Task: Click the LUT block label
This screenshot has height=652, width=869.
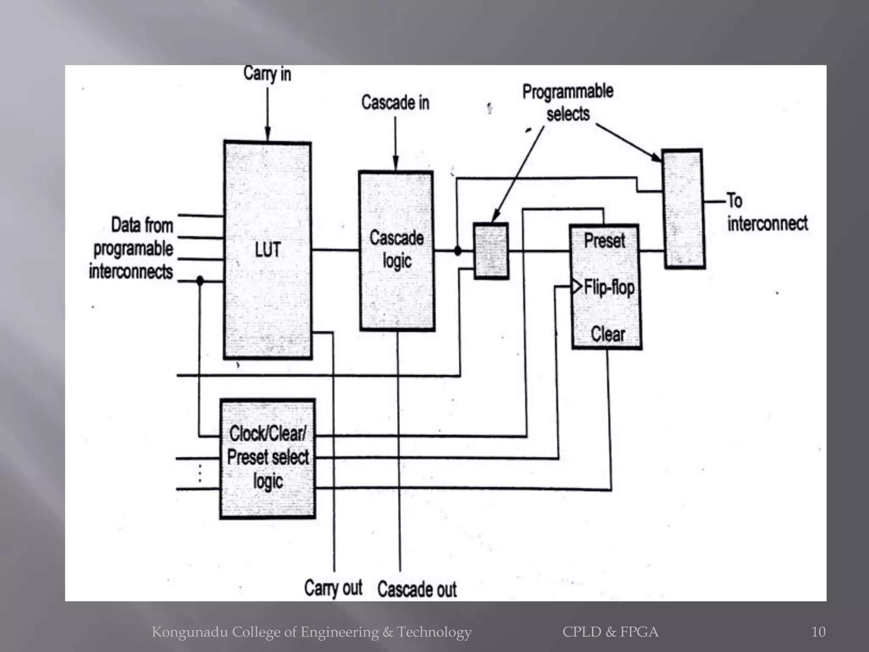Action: (268, 250)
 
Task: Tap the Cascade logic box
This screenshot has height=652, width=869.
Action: (397, 250)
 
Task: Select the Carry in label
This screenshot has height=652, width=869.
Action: (267, 74)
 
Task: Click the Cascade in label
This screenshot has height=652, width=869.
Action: (395, 103)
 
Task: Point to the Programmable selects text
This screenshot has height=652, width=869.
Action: (568, 103)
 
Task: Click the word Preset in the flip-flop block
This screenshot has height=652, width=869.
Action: (604, 241)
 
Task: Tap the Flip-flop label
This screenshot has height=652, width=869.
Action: (609, 287)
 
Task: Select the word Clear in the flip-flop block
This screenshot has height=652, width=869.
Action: (608, 334)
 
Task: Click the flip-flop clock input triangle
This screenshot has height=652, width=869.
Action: (576, 287)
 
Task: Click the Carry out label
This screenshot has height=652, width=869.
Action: (333, 588)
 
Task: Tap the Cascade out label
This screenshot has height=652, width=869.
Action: (417, 590)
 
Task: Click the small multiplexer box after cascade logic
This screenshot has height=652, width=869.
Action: (491, 251)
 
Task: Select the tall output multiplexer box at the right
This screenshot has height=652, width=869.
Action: (684, 209)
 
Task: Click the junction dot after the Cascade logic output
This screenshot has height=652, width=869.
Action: (457, 251)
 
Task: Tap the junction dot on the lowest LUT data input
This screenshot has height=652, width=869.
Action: (200, 281)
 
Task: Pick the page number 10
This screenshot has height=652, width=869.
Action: (818, 632)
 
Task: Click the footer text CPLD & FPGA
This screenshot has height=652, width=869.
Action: (610, 632)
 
